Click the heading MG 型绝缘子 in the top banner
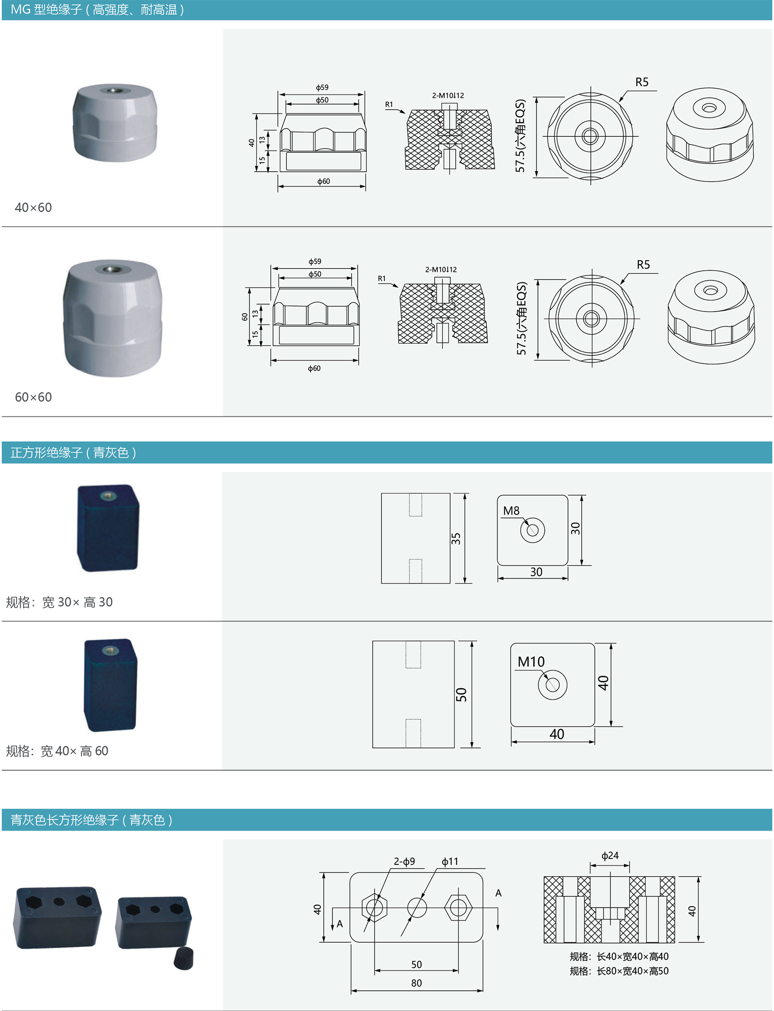click(x=46, y=10)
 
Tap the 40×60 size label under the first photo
click(x=33, y=207)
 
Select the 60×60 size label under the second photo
click(x=33, y=397)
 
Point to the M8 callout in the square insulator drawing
click(x=511, y=511)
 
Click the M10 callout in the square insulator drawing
click(x=531, y=662)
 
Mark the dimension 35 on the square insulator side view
click(x=456, y=539)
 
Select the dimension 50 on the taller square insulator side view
click(x=461, y=694)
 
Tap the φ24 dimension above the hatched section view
click(x=610, y=856)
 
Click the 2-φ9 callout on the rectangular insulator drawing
click(x=404, y=861)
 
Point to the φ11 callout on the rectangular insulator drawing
click(x=450, y=861)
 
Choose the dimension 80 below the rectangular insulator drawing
click(x=416, y=983)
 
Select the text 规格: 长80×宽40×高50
click(x=619, y=971)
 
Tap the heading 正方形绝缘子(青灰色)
click(x=73, y=452)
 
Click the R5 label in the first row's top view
click(x=641, y=82)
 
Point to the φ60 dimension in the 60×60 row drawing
click(x=314, y=368)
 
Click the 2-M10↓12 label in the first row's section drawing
click(x=447, y=96)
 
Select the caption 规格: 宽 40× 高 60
click(x=57, y=751)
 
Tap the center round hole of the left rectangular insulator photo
click(x=59, y=901)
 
